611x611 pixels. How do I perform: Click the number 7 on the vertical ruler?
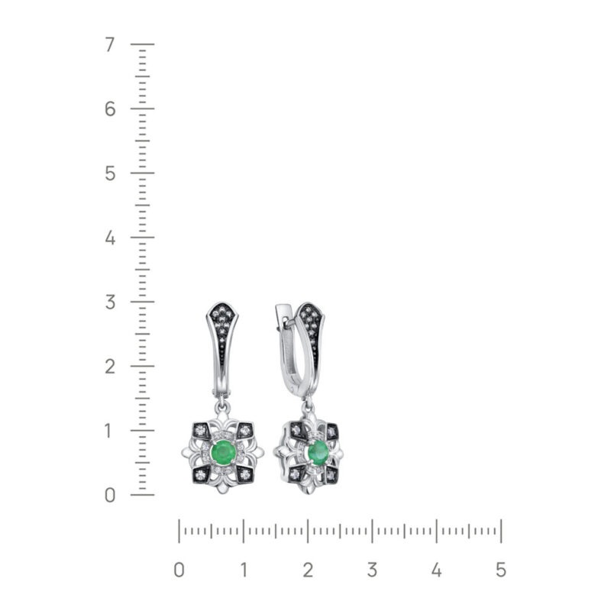click(110, 44)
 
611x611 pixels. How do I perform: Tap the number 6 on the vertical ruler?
click(110, 108)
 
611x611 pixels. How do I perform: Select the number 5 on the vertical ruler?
click(110, 173)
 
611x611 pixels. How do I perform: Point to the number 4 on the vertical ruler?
click(110, 238)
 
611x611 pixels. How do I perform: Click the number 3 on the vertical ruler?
click(110, 302)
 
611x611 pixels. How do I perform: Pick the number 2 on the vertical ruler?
click(110, 367)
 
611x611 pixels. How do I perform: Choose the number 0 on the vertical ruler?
click(110, 495)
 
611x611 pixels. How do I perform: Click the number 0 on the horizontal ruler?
click(179, 570)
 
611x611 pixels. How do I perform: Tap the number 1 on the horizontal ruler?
click(244, 570)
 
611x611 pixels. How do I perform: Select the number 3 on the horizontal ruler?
click(372, 570)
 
